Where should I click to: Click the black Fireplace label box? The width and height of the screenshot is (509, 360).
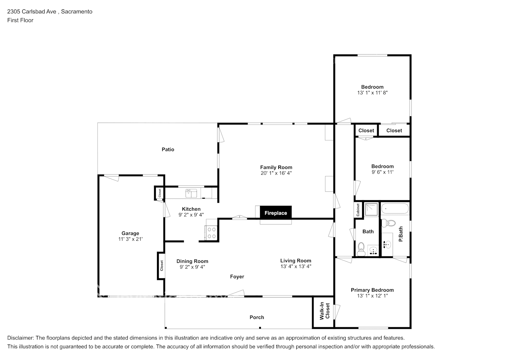tap(276, 213)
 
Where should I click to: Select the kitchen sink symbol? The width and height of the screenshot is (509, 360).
tap(191, 193)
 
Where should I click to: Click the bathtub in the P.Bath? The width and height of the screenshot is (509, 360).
tap(395, 208)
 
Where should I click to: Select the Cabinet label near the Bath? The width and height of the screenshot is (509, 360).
tap(358, 210)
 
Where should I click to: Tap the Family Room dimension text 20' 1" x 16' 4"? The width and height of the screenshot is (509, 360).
tap(276, 173)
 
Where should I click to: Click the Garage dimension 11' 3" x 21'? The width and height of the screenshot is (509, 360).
tap(130, 239)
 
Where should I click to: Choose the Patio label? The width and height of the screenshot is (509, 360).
tap(168, 149)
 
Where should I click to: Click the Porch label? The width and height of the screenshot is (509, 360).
tap(257, 317)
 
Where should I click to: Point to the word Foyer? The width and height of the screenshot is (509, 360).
tap(237, 276)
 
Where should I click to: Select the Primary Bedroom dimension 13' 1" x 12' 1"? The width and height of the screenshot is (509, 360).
tap(372, 296)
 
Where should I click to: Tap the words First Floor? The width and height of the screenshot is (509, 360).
tap(20, 20)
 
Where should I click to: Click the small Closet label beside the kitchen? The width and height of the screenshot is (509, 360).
tap(159, 193)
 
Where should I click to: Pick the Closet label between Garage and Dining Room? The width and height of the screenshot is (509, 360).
tap(162, 266)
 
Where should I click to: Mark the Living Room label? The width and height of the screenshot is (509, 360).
tap(296, 261)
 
